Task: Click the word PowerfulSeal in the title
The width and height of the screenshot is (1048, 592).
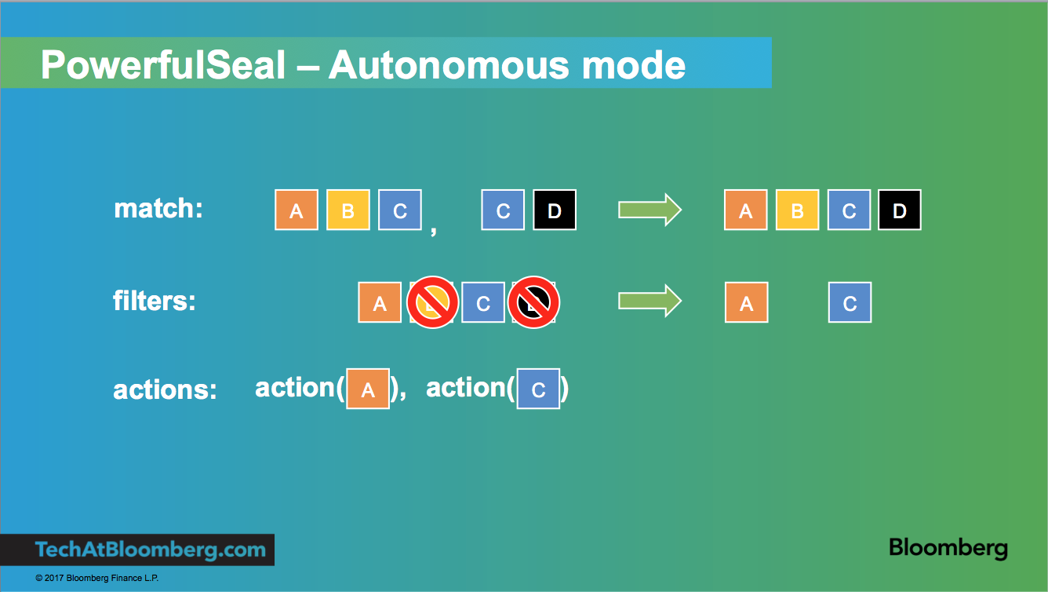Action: [x=162, y=64]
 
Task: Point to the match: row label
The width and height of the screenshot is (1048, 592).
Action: [x=158, y=208]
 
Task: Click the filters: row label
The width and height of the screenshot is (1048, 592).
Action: [x=154, y=300]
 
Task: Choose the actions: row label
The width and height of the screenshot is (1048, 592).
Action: [x=165, y=389]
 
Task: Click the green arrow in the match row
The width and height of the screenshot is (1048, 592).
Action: [x=650, y=210]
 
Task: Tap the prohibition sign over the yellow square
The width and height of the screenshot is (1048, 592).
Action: [x=432, y=302]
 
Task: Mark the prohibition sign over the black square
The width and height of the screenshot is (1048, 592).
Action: [x=533, y=302]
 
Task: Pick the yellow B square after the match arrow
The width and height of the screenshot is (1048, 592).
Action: [x=797, y=210]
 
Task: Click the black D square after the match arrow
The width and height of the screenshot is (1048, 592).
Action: [x=900, y=210]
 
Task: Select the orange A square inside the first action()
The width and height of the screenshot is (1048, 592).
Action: [x=368, y=389]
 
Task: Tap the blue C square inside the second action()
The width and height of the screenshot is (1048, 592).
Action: [x=538, y=389]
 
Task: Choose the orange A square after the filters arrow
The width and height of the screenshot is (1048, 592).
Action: [x=746, y=303]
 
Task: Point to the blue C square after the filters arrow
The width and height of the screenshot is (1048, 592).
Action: [x=850, y=303]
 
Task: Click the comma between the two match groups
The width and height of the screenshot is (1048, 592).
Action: [x=434, y=230]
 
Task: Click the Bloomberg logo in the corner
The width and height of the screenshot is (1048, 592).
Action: [x=948, y=548]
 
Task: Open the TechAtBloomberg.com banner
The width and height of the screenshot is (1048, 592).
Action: [x=150, y=550]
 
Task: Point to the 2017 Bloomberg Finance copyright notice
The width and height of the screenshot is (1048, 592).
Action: [x=97, y=579]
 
